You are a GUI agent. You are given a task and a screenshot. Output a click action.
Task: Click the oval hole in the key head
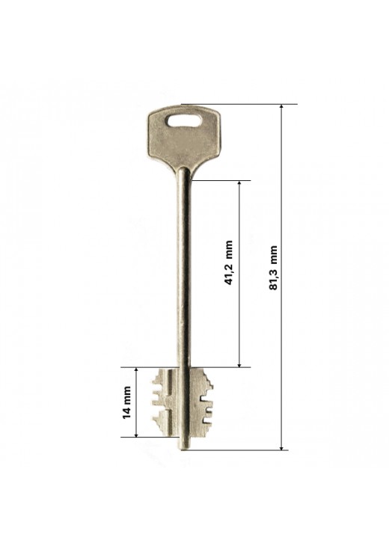[x=184, y=120]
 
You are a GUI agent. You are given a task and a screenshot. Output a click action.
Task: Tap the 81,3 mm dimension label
[x=273, y=268]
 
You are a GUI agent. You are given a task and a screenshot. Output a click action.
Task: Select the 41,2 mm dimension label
[x=229, y=263]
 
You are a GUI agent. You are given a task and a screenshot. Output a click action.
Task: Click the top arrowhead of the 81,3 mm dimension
[x=282, y=106]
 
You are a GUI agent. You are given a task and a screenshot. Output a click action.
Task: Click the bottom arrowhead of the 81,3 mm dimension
[x=282, y=447]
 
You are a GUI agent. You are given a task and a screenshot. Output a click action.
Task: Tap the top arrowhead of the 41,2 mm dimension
[x=239, y=183]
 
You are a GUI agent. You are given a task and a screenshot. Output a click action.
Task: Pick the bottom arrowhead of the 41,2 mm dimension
[x=239, y=364]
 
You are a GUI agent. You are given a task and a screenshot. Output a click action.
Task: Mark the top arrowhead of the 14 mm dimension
[x=136, y=369]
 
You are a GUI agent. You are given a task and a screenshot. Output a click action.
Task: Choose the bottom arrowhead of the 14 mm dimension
[x=136, y=435]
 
